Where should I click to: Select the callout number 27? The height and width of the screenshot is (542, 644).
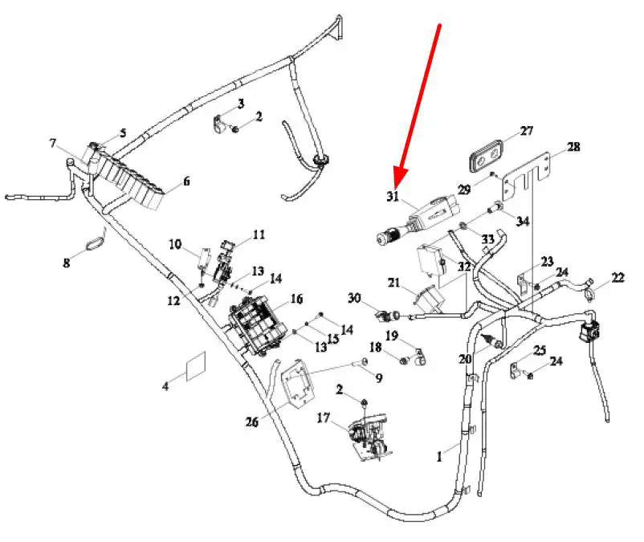[526, 131]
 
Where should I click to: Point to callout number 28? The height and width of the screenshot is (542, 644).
[573, 147]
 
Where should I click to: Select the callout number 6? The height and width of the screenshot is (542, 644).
[186, 181]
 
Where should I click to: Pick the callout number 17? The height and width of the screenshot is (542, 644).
[324, 418]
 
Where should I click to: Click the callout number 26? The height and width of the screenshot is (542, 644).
[252, 422]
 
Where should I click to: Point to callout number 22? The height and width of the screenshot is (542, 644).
[618, 278]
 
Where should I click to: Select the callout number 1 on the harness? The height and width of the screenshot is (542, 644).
[439, 457]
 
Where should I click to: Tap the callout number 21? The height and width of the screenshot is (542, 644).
[393, 282]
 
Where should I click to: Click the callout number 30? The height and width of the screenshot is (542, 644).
[354, 298]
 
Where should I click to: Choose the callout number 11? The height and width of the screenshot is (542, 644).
[259, 234]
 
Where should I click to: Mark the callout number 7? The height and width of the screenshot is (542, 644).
[52, 145]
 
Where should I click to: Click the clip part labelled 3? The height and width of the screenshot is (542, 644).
[222, 125]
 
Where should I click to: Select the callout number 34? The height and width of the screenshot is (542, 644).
[523, 222]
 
